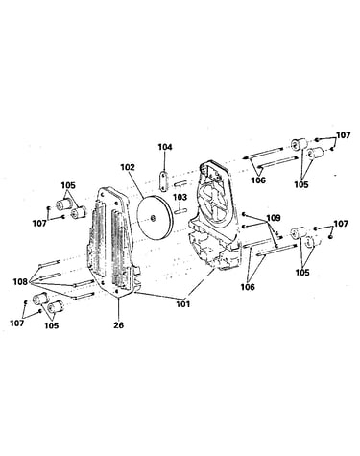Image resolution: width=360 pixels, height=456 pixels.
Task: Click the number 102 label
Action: pos(128,167)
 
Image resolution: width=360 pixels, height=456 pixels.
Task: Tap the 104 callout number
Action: pos(165,147)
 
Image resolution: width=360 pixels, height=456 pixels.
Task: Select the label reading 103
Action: pos(180,196)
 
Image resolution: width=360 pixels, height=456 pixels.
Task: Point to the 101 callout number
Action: pos(182,303)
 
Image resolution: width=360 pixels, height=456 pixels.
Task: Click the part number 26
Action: pos(118,325)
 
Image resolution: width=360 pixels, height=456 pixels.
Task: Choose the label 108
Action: pos(20,282)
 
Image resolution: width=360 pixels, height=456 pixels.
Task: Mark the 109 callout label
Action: pos(274,218)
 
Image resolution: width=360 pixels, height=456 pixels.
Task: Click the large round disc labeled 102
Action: pos(155,218)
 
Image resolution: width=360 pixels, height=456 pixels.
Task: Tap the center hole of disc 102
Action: pos(153,219)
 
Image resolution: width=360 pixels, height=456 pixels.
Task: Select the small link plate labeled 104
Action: pos(164,181)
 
